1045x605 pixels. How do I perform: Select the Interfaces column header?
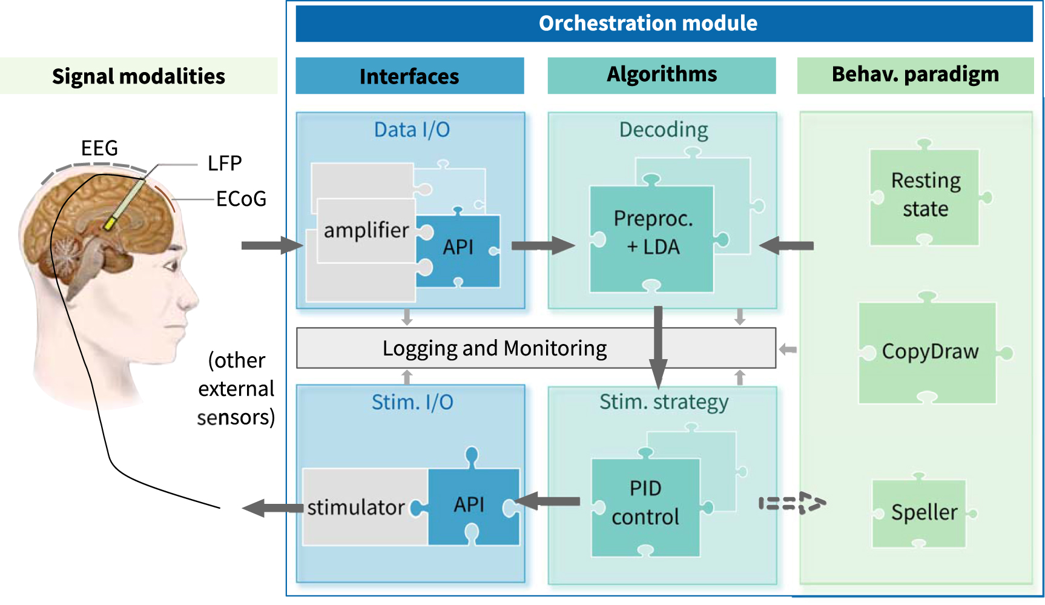[409, 76]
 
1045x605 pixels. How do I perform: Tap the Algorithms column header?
[661, 75]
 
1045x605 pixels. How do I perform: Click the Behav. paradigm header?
[915, 75]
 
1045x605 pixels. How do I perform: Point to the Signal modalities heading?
[139, 76]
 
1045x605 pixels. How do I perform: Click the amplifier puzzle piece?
[366, 231]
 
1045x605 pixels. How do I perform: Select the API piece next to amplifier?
[458, 248]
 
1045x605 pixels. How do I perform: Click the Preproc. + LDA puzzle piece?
[652, 234]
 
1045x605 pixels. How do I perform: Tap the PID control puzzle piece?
[645, 503]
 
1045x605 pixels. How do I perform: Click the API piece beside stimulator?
[470, 504]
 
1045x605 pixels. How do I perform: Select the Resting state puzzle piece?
[925, 196]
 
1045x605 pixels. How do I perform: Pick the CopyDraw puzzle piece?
[929, 352]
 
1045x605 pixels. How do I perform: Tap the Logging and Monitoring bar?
[495, 349]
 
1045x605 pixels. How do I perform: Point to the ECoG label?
[241, 199]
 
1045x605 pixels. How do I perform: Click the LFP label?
[225, 164]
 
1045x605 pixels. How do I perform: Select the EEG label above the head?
[99, 148]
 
